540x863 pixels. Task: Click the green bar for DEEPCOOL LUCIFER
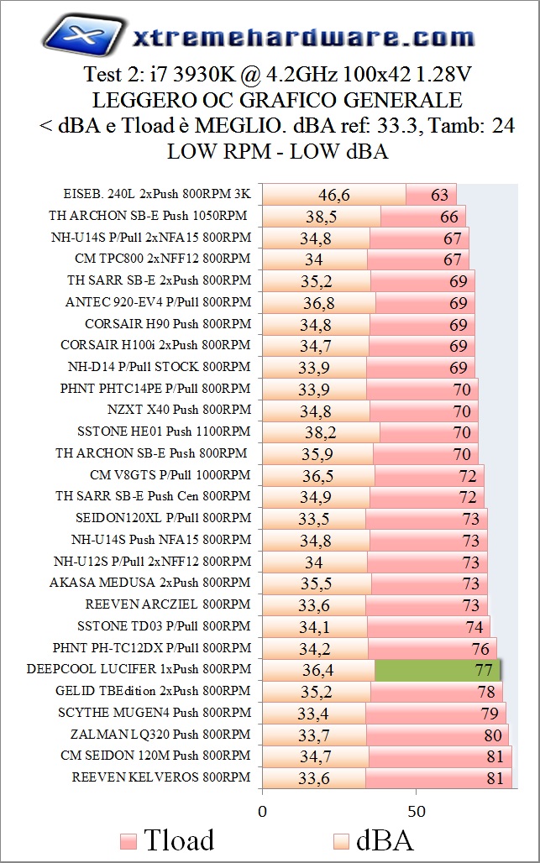(x=437, y=670)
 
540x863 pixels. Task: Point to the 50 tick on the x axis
(x=417, y=812)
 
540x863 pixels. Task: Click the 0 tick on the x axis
(x=263, y=812)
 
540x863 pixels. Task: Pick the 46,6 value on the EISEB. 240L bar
(x=333, y=195)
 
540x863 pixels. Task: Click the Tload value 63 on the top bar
(x=440, y=195)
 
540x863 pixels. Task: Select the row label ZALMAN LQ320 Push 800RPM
(x=155, y=734)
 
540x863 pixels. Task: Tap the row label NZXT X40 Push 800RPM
(x=179, y=410)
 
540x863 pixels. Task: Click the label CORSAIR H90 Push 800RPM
(x=168, y=323)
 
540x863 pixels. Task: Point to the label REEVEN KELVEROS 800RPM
(x=161, y=777)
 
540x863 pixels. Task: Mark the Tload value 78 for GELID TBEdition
(x=486, y=692)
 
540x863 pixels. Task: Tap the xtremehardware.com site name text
(x=304, y=37)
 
